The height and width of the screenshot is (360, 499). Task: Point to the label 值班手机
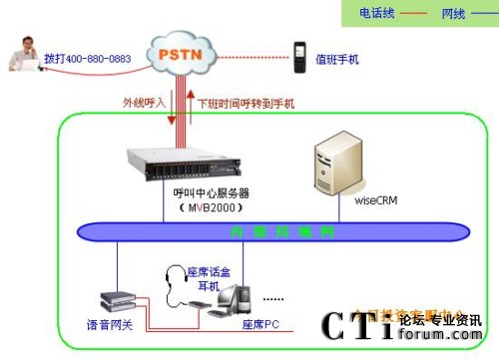pos(337,60)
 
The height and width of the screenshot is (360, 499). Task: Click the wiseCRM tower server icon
pos(333,161)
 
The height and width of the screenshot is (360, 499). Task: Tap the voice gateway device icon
pos(116,299)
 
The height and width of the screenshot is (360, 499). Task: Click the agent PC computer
pos(231,299)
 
